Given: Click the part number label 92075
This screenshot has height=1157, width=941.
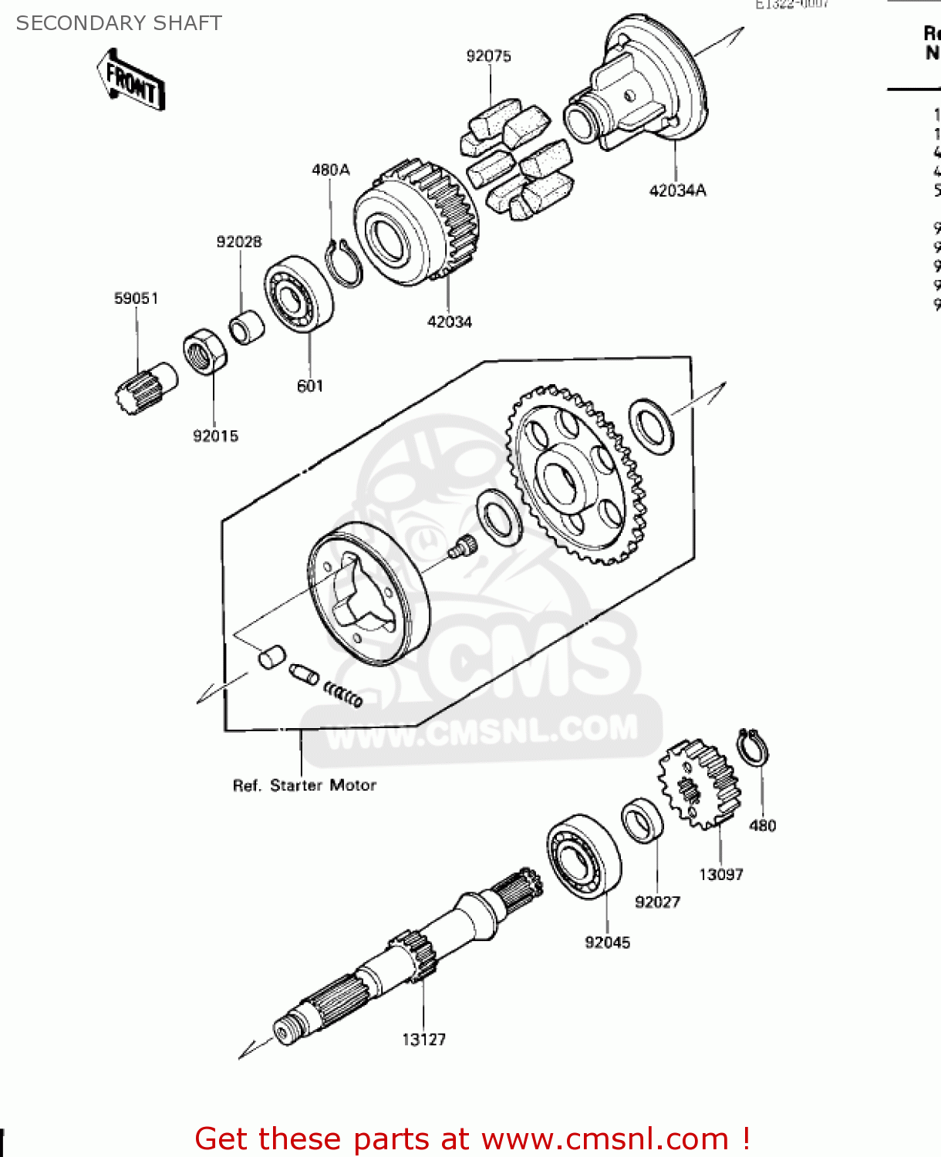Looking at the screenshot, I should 488,56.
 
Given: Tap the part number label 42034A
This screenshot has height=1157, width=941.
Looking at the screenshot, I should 677,191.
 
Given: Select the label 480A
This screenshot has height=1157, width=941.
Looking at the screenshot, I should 330,170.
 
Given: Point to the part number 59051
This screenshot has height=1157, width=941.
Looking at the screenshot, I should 136,299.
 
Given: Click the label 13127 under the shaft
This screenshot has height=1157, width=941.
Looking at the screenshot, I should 423,1039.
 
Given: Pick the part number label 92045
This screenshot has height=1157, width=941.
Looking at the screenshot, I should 607,942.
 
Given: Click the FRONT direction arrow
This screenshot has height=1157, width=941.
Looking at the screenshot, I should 131,81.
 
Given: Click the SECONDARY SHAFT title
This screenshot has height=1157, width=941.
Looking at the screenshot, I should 119,23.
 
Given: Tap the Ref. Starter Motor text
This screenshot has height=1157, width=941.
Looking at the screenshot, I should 305,785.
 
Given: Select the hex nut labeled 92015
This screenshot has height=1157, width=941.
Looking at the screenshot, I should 205,352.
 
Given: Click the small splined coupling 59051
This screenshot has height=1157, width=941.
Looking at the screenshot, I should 144,387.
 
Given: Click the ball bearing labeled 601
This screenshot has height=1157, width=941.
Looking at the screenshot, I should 298,294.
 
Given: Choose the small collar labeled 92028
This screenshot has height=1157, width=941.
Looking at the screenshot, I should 247,328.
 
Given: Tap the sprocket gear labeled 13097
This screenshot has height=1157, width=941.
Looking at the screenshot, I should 699,784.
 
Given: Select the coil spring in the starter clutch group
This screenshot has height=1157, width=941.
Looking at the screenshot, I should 343,693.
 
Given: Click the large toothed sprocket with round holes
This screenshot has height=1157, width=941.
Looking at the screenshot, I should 575,474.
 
